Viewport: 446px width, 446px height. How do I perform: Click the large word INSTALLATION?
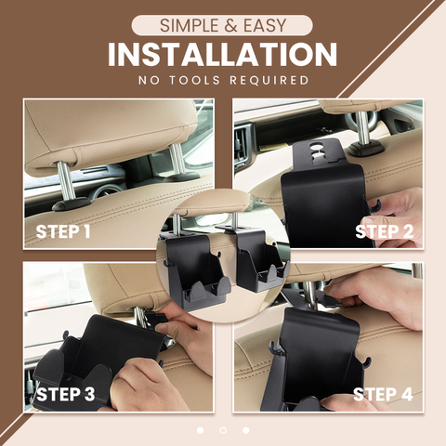pos(222,55)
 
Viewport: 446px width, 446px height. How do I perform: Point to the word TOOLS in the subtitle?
pos(194,80)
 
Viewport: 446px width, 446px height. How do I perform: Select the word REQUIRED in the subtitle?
pos(269,80)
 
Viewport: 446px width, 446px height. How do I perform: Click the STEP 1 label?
pos(63,231)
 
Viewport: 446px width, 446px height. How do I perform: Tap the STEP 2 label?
pos(385,231)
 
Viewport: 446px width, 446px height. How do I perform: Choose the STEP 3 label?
pos(65,394)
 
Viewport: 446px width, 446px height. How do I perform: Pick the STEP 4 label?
pos(383,395)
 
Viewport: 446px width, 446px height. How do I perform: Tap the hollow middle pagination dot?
pos(223,430)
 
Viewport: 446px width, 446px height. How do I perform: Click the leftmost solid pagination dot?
pos(200,430)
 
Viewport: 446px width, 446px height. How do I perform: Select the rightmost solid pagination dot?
pos(246,430)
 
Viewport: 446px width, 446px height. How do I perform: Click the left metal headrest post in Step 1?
pos(66,180)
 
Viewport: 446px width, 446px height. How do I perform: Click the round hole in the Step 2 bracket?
pos(316,146)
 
